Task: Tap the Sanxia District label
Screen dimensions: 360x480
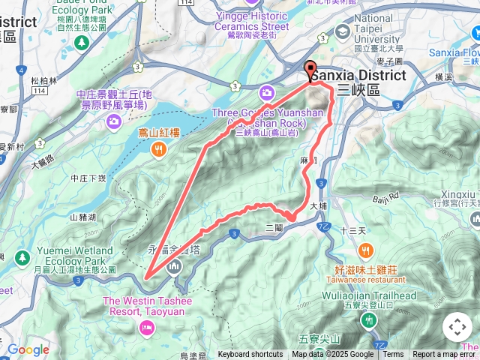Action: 358,76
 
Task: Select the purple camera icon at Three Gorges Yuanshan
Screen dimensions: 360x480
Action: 266,93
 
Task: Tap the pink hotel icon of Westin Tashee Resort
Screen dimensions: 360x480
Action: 145,326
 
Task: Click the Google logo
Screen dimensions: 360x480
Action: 28,350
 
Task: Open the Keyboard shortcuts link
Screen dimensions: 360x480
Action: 250,355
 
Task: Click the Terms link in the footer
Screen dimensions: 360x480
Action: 393,355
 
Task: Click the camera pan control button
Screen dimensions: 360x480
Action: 457,328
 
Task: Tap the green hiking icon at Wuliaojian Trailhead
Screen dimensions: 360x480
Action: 368,321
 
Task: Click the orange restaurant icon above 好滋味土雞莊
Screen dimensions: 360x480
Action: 365,250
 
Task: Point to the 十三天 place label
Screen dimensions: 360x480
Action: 352,230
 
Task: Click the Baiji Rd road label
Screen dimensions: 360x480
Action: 388,199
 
